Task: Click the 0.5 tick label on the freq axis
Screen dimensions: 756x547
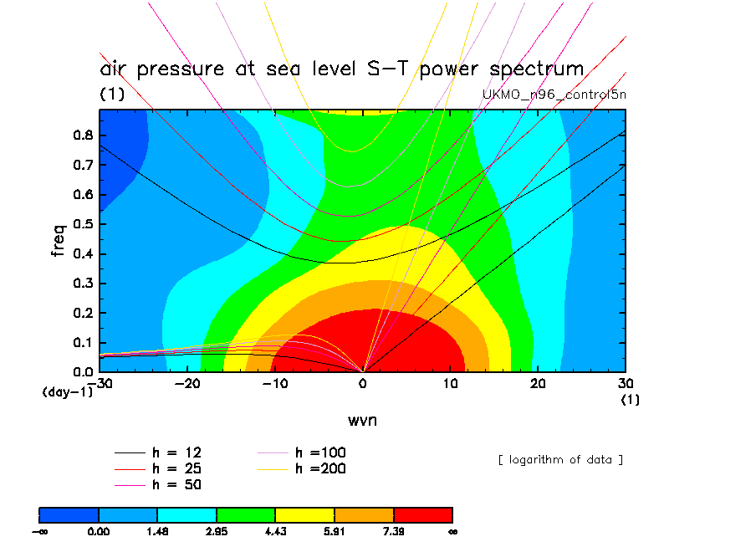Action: [83, 224]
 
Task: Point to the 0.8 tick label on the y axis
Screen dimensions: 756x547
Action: [83, 135]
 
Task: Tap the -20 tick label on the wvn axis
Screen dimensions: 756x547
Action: [186, 383]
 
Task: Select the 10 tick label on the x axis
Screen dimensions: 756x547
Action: [450, 383]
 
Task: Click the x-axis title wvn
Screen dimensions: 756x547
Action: [362, 420]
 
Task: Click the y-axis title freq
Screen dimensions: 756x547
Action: [58, 240]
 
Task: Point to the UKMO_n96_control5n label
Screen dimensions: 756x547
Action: [554, 95]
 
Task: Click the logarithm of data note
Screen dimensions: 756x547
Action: [560, 460]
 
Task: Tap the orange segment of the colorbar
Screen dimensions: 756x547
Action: [364, 515]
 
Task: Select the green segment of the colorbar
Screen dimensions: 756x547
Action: [246, 515]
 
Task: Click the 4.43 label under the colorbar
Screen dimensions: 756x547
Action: [275, 532]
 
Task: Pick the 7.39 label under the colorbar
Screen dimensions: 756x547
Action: [393, 532]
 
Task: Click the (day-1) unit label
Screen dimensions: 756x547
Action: [68, 392]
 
